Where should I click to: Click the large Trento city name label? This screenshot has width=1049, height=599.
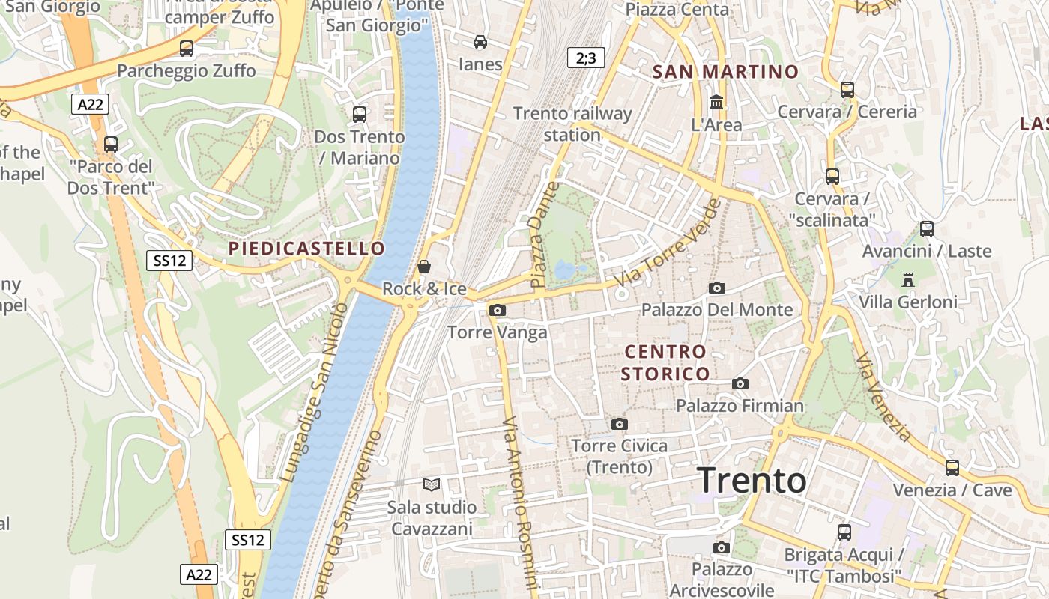752,481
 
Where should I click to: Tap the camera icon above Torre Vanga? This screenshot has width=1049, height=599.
497,310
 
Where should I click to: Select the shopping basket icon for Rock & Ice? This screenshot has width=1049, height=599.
424,267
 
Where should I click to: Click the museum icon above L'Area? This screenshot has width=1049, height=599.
716,102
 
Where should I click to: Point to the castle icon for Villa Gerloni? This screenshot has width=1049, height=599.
908,280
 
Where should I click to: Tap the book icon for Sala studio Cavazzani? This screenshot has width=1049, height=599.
432,485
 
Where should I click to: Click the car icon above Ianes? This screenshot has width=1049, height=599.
480,41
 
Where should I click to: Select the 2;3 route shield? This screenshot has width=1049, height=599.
586,58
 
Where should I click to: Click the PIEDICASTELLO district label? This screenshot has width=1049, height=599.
306,249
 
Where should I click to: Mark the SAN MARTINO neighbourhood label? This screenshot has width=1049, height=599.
725,72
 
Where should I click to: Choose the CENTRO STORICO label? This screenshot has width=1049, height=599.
665,362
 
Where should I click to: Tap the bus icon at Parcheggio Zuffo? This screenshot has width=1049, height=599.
187,49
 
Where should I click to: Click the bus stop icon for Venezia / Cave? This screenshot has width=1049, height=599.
952,468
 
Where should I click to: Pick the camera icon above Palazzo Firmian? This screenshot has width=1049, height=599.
740,384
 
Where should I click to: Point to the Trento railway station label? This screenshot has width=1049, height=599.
572,124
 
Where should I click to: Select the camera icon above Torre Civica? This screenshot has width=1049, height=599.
619,425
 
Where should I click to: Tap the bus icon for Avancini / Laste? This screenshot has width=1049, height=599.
927,229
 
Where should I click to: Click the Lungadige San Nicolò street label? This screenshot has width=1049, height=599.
315,392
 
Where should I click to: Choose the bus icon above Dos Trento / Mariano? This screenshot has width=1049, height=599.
360,115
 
